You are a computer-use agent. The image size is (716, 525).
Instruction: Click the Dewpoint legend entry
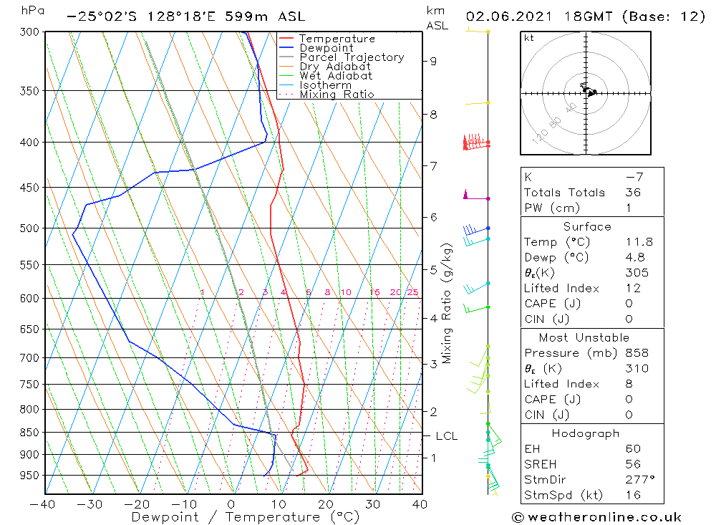326,48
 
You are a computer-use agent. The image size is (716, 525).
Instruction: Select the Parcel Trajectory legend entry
352,57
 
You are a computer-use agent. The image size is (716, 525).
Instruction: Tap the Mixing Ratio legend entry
337,95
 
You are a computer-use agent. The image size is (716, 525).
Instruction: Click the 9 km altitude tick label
433,61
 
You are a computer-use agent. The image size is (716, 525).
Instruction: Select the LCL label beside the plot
446,435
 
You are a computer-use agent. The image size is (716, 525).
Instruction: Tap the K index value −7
633,177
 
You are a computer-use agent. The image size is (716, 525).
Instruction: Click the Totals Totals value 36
633,193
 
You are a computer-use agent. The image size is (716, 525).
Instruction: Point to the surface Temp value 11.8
639,242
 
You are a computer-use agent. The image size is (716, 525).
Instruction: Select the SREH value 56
633,465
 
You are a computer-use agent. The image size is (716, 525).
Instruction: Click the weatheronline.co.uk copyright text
596,517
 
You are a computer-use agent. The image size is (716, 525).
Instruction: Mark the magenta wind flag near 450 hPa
466,194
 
